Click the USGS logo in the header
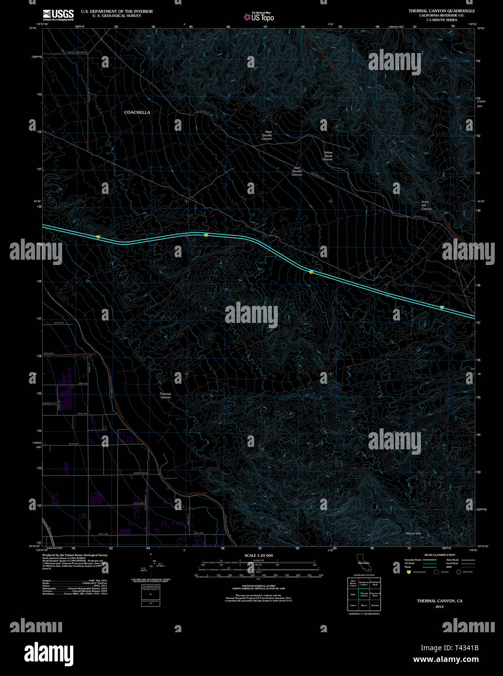58,14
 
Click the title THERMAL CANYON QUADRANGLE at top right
441,11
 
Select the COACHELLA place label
137,112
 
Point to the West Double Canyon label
267,136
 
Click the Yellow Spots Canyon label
328,156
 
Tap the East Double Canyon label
297,171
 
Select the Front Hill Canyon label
426,205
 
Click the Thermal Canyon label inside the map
166,395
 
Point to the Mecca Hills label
413,534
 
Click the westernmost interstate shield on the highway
98,237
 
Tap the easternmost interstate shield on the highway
442,307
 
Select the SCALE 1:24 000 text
258,555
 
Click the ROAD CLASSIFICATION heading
439,555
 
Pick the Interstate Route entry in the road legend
413,560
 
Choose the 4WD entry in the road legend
450,567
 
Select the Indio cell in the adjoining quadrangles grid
353,594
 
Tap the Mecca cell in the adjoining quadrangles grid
364,605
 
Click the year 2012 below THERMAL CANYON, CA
439,606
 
